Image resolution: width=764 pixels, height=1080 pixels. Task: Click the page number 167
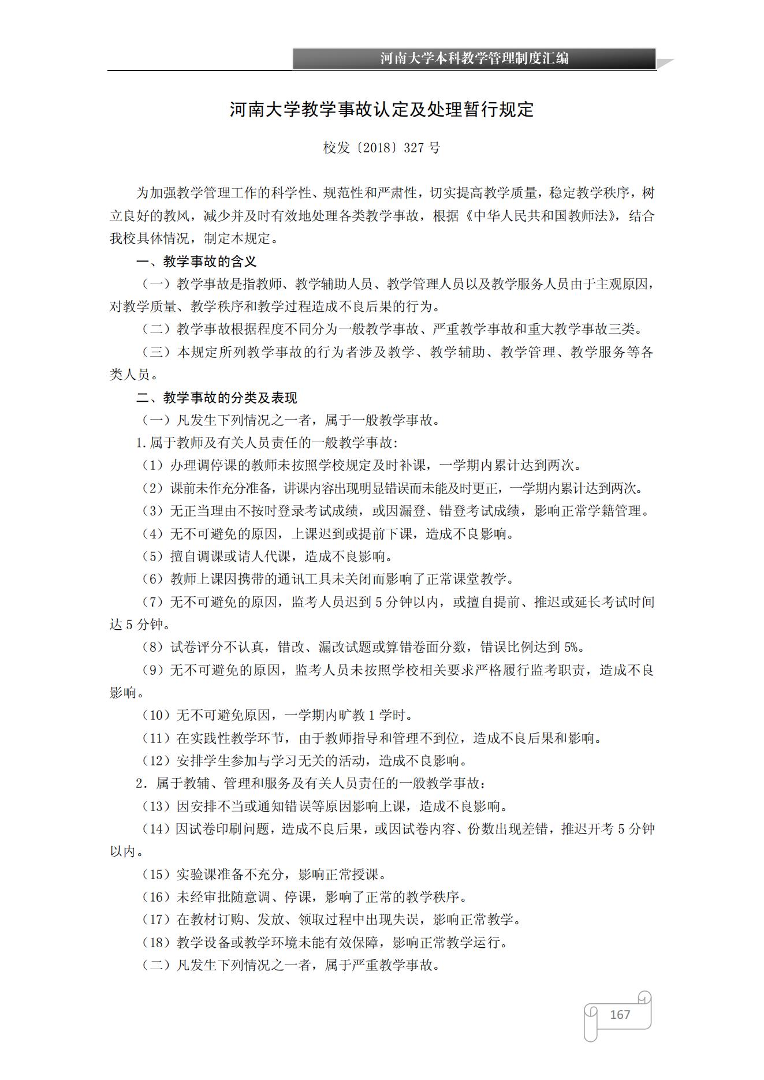coord(620,1014)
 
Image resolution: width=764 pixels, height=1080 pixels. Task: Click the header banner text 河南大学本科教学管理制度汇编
coord(474,58)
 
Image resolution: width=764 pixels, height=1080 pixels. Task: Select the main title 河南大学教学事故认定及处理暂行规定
coord(381,110)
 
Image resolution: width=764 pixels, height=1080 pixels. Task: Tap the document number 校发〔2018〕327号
coord(381,148)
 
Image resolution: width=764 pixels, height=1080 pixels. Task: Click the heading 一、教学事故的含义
coord(196,261)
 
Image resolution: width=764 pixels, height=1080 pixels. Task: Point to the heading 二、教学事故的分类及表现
coord(217,398)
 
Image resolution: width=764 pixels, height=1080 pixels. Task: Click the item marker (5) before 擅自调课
coord(153,556)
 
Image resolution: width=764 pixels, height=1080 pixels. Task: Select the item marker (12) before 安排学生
coord(156,761)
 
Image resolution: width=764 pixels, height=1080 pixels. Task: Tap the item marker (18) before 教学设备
coord(156,943)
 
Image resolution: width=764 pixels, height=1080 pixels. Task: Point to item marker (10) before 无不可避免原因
coord(156,715)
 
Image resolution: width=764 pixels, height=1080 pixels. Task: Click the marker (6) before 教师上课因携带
coord(153,579)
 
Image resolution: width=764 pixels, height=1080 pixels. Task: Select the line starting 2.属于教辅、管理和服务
coord(311,783)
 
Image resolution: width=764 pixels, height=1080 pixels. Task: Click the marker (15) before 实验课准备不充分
coord(156,875)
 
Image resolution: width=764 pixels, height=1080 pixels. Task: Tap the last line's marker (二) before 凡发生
coord(156,965)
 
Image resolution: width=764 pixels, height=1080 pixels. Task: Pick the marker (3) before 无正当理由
coord(153,511)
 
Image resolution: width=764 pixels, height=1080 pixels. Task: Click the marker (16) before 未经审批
coord(156,897)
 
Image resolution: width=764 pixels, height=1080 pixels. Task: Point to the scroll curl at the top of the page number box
coord(644,997)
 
